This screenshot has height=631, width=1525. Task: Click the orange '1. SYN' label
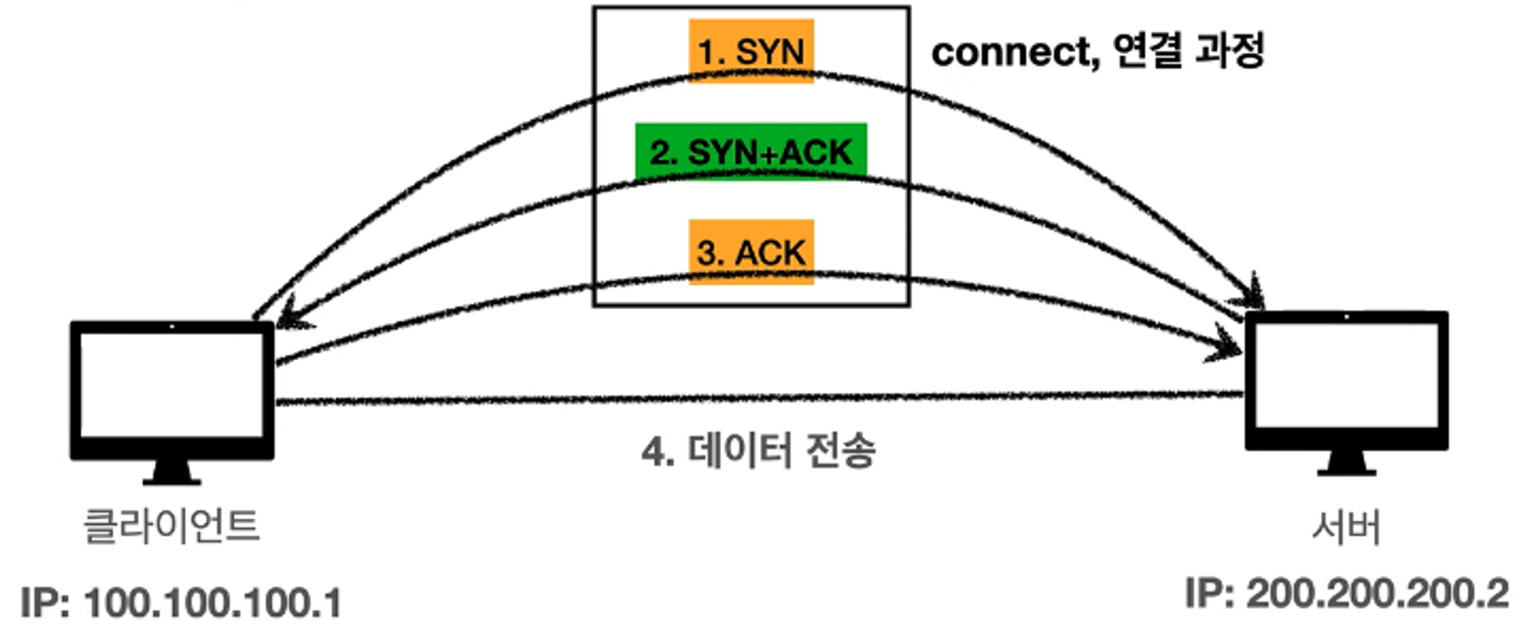click(751, 50)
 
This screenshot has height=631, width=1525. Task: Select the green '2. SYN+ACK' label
click(751, 151)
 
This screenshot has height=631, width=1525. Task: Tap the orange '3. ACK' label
click(751, 252)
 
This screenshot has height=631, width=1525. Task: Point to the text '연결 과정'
click(1188, 50)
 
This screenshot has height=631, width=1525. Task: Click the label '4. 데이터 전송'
click(759, 450)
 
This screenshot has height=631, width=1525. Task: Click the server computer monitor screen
click(1347, 375)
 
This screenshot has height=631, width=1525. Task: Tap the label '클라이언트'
click(172, 526)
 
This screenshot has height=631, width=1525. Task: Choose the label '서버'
click(1347, 526)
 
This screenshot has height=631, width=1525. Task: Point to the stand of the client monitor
click(172, 472)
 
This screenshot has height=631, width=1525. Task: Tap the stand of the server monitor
click(1347, 463)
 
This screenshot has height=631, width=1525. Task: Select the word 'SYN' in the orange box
click(770, 52)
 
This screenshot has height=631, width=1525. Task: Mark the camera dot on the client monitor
click(172, 327)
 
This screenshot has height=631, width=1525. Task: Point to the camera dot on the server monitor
click(1347, 317)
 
